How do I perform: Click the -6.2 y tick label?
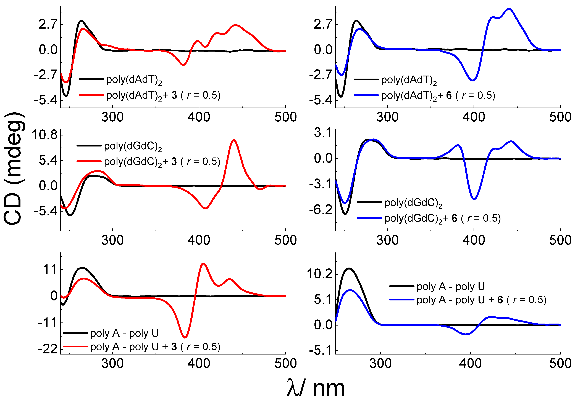(321, 209)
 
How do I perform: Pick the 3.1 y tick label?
(323, 133)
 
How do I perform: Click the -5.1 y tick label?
(321, 351)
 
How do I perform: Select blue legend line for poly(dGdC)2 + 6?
(369, 218)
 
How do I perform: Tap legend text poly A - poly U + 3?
(155, 347)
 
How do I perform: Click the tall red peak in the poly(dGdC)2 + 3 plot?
(234, 140)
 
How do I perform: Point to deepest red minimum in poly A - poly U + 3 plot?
(185, 337)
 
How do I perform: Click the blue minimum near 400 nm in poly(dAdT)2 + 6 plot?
(472, 80)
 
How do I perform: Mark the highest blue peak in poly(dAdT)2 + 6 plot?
(509, 9)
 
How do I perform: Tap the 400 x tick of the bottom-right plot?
(470, 363)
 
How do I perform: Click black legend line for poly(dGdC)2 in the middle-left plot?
(89, 146)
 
